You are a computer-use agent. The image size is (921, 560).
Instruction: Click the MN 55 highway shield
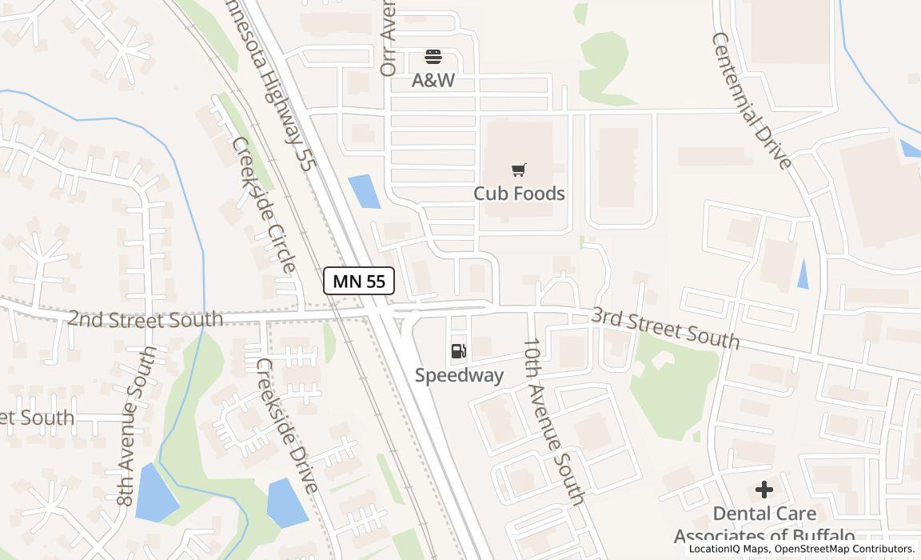pyautogui.click(x=359, y=281)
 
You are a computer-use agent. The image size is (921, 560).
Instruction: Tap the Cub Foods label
pyautogui.click(x=519, y=194)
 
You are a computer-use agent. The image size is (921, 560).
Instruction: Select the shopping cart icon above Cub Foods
pyautogui.click(x=519, y=170)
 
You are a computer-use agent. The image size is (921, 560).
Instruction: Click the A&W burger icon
pyautogui.click(x=433, y=57)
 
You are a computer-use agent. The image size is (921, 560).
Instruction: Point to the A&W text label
pyautogui.click(x=433, y=80)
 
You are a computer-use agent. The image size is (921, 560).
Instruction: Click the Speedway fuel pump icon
pyautogui.click(x=459, y=351)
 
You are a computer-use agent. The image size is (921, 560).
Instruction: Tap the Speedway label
pyautogui.click(x=459, y=375)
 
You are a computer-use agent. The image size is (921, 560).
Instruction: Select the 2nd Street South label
pyautogui.click(x=145, y=319)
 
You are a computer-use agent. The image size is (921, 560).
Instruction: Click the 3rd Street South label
pyautogui.click(x=665, y=327)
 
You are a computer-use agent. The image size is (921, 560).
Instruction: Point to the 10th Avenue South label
pyautogui.click(x=554, y=421)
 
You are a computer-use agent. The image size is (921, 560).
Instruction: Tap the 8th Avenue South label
pyautogui.click(x=135, y=426)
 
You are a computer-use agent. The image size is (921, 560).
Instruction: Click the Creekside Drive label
pyautogui.click(x=287, y=425)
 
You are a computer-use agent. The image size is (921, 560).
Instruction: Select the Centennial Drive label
pyautogui.click(x=752, y=101)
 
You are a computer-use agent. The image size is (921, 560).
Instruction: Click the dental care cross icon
pyautogui.click(x=764, y=490)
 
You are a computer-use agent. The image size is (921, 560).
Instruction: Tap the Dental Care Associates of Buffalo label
pyautogui.click(x=764, y=525)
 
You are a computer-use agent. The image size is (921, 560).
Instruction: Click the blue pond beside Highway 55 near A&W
pyautogui.click(x=365, y=191)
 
